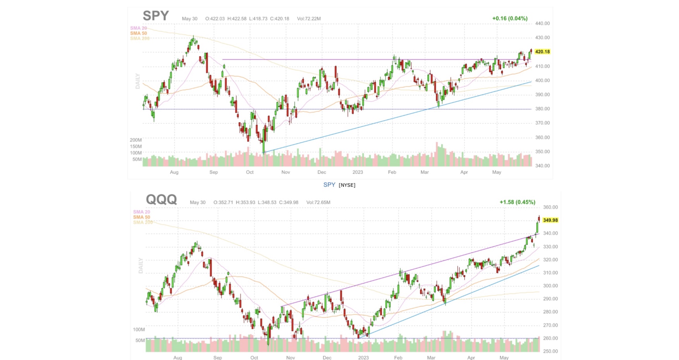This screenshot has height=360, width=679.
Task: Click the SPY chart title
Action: (156, 16)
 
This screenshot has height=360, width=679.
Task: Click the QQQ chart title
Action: (161, 200)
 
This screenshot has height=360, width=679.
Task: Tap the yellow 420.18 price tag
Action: (542, 52)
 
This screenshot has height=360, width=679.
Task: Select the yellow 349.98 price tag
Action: (550, 220)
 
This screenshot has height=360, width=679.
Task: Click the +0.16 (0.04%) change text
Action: (510, 18)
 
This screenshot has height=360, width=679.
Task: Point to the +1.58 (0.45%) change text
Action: (517, 202)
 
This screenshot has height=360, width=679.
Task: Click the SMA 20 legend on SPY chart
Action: (138, 28)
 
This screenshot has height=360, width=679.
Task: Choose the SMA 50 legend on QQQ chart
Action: (141, 217)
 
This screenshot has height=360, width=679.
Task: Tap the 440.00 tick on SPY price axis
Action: (542, 23)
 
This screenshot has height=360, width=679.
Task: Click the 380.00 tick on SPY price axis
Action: (542, 109)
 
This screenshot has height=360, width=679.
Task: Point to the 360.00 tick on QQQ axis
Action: (550, 207)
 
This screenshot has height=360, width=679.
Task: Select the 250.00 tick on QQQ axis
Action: (550, 351)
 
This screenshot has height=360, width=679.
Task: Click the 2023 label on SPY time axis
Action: (357, 172)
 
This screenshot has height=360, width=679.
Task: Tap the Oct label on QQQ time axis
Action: (254, 358)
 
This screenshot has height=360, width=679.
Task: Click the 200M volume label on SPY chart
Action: (136, 140)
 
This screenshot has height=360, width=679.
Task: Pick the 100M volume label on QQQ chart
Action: (139, 329)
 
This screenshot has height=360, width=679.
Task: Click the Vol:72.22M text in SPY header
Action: (308, 19)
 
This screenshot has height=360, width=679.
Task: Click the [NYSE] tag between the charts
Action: (347, 185)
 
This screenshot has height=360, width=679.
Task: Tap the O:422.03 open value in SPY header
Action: (215, 19)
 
